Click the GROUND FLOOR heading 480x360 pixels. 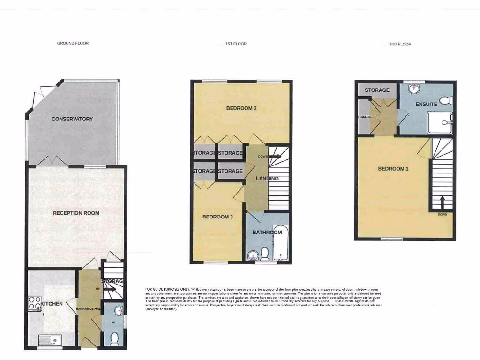pos(73,43)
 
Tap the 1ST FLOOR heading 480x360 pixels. pos(235,44)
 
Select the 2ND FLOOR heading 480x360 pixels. pos(400,44)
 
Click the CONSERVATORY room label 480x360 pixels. pos(72,119)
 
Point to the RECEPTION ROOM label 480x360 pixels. pos(76,213)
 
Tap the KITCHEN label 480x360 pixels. pos(51,304)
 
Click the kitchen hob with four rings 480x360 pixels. pos(35,303)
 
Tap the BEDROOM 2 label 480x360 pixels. pos(241,108)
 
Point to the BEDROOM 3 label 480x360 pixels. pos(217,217)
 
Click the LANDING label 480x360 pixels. pos(267,179)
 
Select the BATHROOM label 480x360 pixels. pos(267,232)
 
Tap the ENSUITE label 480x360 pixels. pos(426,104)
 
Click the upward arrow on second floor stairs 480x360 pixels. pos(442,202)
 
